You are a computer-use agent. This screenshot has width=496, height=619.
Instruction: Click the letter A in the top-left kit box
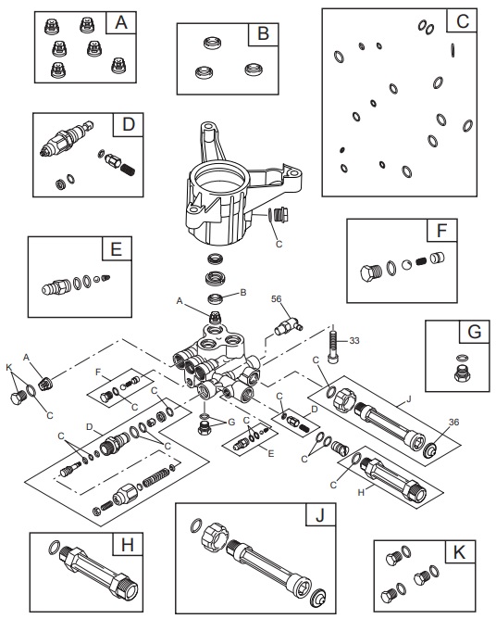(119, 23)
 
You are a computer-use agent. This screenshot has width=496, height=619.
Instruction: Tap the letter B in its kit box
(263, 35)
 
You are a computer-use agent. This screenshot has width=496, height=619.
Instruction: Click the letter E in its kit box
(116, 250)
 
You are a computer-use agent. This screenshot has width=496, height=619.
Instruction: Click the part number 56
(276, 298)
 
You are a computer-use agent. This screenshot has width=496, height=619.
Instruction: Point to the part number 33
(354, 340)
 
